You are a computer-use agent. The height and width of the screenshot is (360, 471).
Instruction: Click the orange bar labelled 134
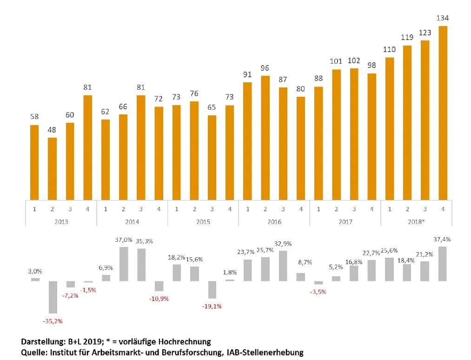click(443, 113)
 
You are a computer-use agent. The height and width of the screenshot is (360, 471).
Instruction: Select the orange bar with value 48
click(52, 168)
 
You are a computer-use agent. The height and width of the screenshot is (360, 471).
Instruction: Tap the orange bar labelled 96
click(265, 138)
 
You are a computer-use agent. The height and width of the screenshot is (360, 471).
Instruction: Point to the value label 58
click(34, 117)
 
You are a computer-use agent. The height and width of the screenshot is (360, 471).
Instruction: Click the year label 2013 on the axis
click(61, 221)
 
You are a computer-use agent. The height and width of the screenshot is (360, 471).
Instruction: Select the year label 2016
click(274, 221)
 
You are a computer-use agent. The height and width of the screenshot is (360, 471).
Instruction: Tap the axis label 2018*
click(417, 221)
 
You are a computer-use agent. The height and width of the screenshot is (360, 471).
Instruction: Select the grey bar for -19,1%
click(212, 289)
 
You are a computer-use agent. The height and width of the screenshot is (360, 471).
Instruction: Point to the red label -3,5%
click(318, 292)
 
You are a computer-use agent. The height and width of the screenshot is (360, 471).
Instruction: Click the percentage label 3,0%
click(35, 271)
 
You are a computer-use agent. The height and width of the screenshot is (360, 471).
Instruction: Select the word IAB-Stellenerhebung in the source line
click(265, 352)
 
